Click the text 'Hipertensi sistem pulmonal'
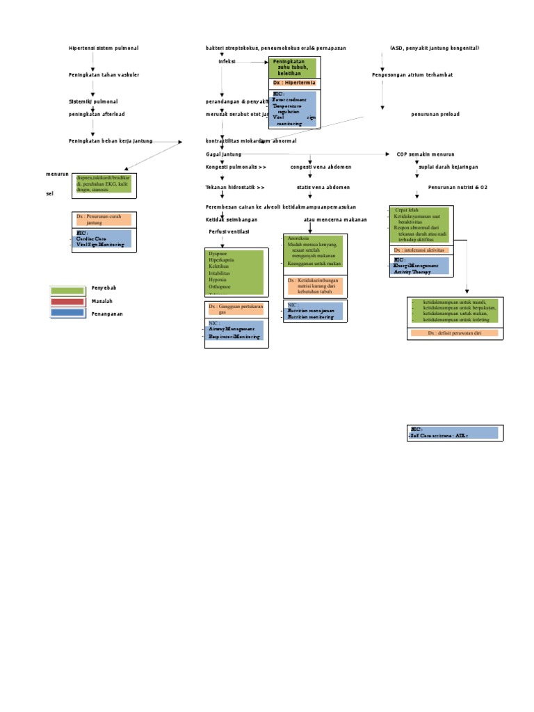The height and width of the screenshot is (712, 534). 103,48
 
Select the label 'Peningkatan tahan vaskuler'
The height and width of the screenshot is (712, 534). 103,74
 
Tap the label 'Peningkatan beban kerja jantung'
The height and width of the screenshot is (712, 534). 110,141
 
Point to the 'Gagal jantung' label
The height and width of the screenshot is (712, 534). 223,154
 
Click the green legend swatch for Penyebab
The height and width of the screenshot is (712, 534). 67,289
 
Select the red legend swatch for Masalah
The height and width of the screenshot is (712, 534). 67,301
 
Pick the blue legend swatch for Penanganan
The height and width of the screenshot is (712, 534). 67,314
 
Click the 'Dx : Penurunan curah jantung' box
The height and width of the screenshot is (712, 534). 103,220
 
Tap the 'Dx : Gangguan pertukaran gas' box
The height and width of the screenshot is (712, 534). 236,309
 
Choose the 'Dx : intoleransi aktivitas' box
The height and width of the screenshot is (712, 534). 421,250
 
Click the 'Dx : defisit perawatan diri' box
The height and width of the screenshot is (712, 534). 454,333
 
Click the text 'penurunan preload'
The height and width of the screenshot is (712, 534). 435,114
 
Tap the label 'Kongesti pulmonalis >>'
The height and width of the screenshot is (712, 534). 236,167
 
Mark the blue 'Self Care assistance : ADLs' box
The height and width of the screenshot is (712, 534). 453,432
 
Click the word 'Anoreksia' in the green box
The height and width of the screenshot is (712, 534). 298,238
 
